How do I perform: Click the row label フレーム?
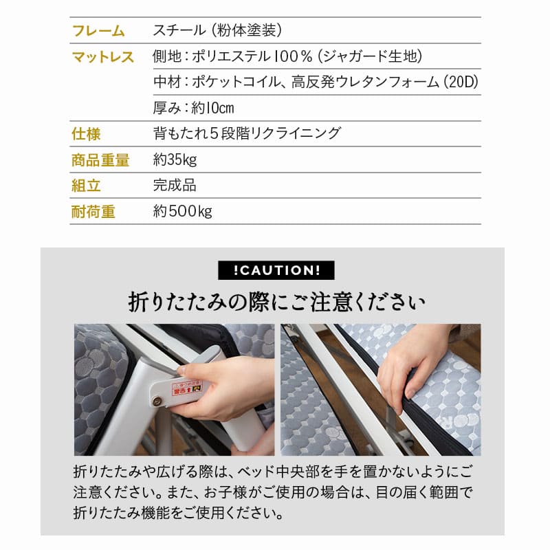click(x=98, y=31)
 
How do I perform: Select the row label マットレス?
click(x=103, y=57)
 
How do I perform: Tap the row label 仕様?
click(x=86, y=133)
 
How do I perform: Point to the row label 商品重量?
click(x=100, y=160)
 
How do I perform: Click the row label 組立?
click(x=86, y=186)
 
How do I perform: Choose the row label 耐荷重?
click(x=93, y=212)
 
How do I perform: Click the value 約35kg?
click(x=175, y=160)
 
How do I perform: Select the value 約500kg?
click(x=182, y=212)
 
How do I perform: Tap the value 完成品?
click(x=175, y=186)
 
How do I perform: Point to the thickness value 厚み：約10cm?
click(x=194, y=108)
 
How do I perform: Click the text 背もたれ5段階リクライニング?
click(x=247, y=133)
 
